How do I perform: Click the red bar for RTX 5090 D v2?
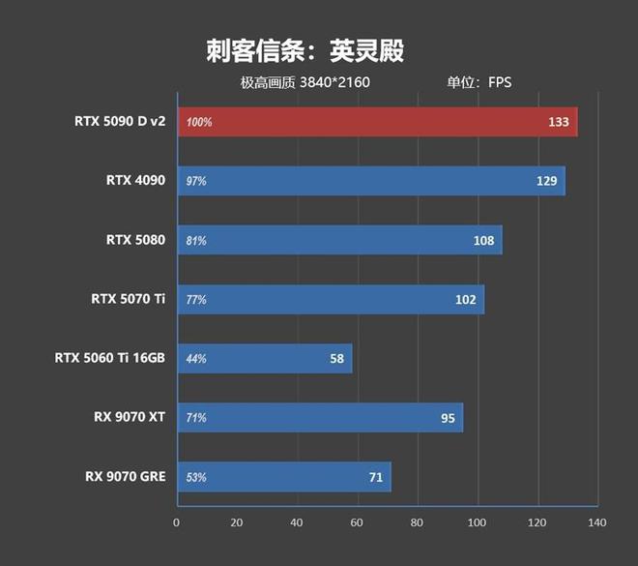tap(377, 122)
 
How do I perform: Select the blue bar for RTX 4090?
tap(371, 181)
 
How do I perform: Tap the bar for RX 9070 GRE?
tap(284, 477)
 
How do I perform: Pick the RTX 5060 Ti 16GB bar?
tap(265, 358)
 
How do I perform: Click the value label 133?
tap(558, 122)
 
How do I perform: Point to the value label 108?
tap(483, 240)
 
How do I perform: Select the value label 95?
tap(447, 418)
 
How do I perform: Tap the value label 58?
tap(336, 359)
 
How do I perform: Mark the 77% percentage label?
tap(196, 300)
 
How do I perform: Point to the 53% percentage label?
tap(196, 477)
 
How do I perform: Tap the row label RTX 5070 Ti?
tap(128, 300)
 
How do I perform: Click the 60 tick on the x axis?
tap(357, 523)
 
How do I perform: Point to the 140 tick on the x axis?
tap(596, 523)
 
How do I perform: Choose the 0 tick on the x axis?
tap(177, 523)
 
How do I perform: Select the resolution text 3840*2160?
tap(334, 82)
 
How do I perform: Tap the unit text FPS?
tap(500, 82)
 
